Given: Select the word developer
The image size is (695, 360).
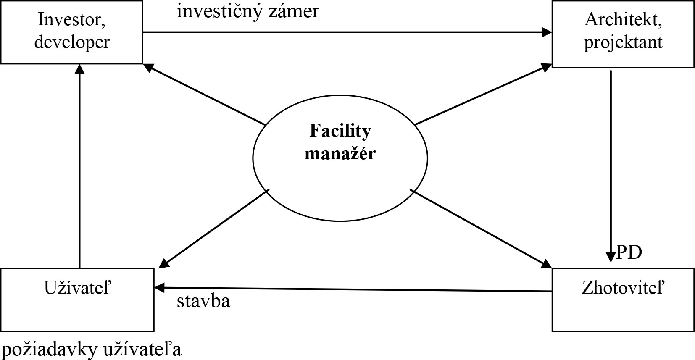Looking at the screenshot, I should point(72,42).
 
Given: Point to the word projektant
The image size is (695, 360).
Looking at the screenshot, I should point(624,42).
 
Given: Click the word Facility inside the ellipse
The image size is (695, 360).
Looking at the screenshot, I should point(340,131).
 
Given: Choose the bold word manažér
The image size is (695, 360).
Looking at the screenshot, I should point(340,153).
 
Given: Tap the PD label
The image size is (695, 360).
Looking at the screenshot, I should point(629,253).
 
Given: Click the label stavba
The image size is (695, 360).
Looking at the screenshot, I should point(203,301).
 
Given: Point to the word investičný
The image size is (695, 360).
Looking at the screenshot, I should point(217,11).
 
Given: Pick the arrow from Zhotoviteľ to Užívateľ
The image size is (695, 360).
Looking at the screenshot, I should point(353,289).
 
